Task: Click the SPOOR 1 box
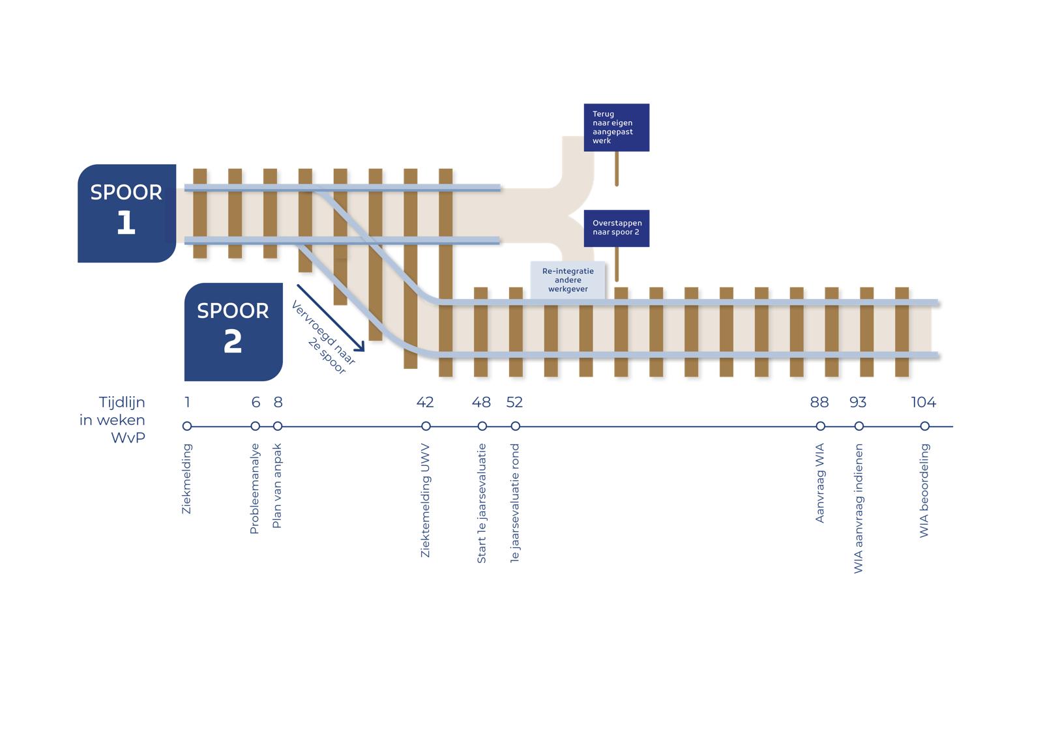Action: (126, 213)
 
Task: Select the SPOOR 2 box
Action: (233, 332)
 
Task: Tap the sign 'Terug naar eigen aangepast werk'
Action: (616, 127)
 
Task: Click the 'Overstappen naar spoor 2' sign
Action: (616, 228)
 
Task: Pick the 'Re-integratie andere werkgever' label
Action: (568, 280)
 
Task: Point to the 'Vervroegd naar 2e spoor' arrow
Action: (330, 317)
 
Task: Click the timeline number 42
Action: (425, 402)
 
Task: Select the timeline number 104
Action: (923, 402)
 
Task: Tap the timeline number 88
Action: (819, 402)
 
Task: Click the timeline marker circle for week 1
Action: (187, 426)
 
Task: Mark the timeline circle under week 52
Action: (516, 426)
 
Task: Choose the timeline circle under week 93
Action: (859, 426)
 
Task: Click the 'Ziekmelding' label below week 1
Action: (187, 479)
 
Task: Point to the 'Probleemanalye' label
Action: (255, 489)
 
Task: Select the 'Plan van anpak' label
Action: (277, 486)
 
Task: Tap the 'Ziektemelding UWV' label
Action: (426, 500)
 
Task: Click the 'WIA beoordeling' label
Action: (924, 491)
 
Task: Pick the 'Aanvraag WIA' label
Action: (820, 483)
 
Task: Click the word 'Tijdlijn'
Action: (122, 402)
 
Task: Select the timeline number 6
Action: (256, 402)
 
